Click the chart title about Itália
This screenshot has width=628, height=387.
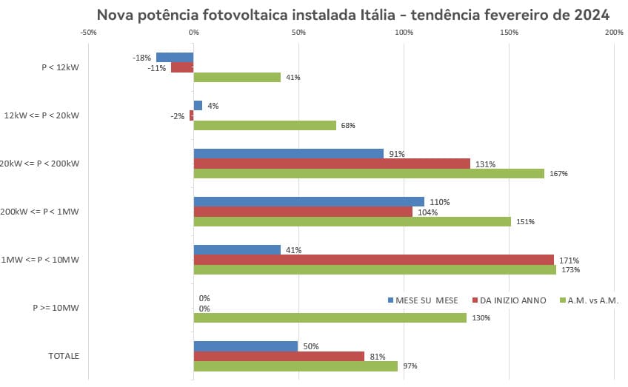pos(353,15)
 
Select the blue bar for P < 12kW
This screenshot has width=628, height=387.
pos(175,58)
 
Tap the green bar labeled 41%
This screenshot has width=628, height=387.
pos(237,77)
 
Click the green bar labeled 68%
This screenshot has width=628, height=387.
pos(264,125)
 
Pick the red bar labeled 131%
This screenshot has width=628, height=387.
pos(332,164)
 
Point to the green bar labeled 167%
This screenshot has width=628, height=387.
pos(369,173)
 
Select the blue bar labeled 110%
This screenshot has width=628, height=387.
pos(309,202)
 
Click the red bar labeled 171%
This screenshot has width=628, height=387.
pos(373,260)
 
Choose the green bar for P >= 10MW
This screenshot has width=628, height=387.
pos(330,317)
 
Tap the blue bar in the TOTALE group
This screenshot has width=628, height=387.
pos(245,346)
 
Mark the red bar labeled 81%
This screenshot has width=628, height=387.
pos(278,356)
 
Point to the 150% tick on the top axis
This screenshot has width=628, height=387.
pos(509,33)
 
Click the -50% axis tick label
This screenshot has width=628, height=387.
pos(87,33)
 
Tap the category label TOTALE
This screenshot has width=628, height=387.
pos(64,356)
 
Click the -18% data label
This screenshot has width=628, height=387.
pos(142,58)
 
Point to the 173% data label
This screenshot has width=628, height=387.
pos(570,270)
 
